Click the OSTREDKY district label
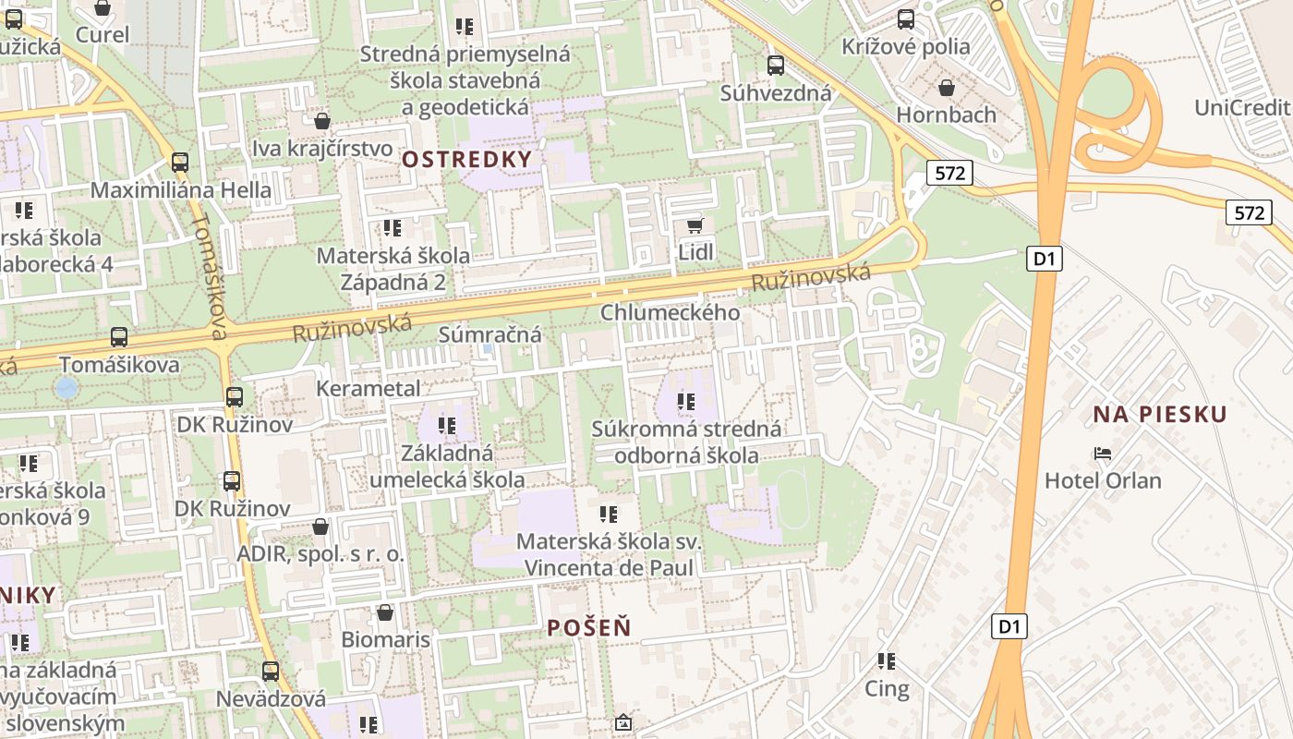467,159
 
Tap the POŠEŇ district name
589,627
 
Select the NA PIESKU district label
1160,414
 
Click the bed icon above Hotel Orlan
1102,454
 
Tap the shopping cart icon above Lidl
695,225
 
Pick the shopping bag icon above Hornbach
946,88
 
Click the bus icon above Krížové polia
906,18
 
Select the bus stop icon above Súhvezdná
776,66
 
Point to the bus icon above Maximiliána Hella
180,163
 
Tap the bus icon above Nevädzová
271,672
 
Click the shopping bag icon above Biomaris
385,612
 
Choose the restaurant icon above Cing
887,660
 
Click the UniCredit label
1242,107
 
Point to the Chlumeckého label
670,312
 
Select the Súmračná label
489,334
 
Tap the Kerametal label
368,388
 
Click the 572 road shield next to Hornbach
949,173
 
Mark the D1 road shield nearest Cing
1009,626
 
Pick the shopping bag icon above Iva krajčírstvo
322,121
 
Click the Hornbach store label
947,115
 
